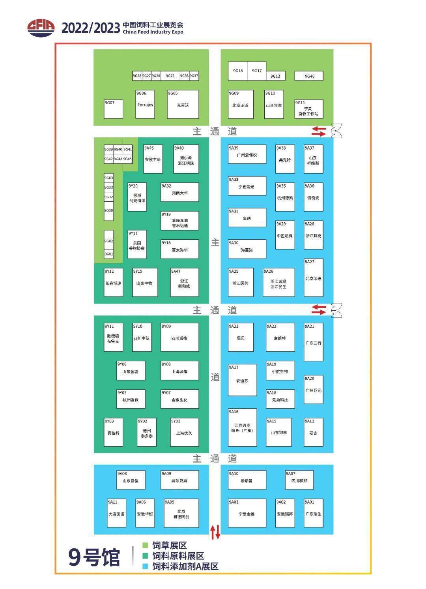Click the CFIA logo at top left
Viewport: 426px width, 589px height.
coord(41,28)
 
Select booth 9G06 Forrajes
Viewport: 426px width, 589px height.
coord(145,104)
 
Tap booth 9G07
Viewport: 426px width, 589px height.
coord(113,109)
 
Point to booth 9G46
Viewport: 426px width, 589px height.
coord(309,76)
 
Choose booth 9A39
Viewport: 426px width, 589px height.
coord(247,154)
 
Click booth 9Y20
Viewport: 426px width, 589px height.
coord(137,197)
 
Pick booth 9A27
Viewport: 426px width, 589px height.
coord(313,278)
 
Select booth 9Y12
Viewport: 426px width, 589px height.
coord(113,282)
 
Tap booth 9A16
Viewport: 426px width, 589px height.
coord(242,427)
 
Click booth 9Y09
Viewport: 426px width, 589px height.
coord(179,337)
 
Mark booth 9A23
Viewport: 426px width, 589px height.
coord(241,337)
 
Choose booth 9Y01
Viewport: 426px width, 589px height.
coord(184,432)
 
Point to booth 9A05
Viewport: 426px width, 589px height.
coord(181,513)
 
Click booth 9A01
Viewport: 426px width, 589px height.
coord(313,513)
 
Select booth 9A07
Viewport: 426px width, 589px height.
coord(299,480)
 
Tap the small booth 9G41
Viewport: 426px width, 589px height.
coord(127,150)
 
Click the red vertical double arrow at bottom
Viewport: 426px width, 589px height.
coord(215,532)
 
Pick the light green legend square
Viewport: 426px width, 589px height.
coord(145,545)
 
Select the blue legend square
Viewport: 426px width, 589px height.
coord(145,566)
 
